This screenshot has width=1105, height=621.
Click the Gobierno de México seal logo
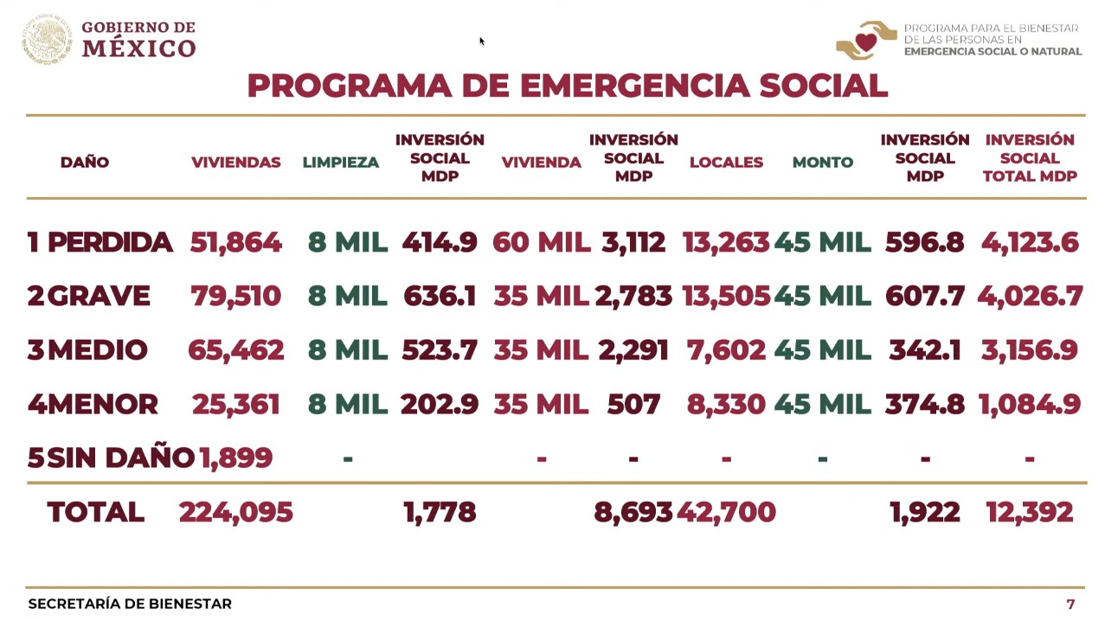click(x=47, y=39)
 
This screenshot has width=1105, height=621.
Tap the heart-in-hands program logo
click(x=864, y=40)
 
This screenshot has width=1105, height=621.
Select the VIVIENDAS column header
click(x=235, y=163)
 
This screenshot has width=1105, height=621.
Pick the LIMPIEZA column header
click(x=340, y=163)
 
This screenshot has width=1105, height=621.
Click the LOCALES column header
click(x=726, y=163)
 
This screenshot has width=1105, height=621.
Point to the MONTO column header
click(x=822, y=163)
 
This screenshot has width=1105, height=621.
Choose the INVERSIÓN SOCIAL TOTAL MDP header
click(x=1029, y=158)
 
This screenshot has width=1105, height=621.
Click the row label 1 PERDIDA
click(x=100, y=243)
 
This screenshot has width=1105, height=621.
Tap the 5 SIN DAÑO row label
click(x=111, y=458)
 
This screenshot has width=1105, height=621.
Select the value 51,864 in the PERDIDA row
click(x=235, y=243)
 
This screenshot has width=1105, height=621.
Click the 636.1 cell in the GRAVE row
click(x=440, y=297)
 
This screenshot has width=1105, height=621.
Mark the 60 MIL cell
click(x=541, y=243)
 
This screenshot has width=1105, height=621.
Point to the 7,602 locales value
click(x=726, y=350)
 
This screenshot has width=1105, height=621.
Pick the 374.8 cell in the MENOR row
click(x=924, y=404)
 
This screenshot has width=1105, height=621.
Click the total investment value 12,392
click(x=1029, y=512)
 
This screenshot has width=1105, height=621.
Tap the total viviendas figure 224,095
click(x=235, y=512)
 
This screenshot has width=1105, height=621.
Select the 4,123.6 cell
click(x=1029, y=243)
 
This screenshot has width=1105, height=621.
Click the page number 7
click(x=1070, y=604)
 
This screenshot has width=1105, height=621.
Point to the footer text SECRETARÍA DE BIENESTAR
click(x=130, y=604)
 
